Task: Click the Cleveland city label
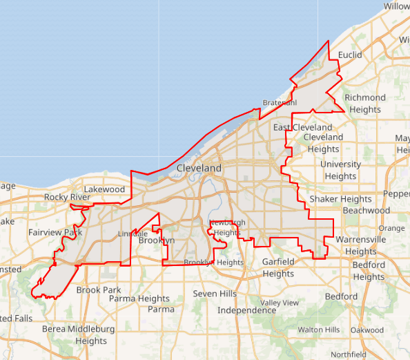[199, 168]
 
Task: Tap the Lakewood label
[104, 189]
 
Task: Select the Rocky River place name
[68, 198]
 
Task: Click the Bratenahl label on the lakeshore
[280, 103]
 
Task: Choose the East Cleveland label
[302, 128]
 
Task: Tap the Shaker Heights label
[340, 199]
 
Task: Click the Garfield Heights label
[278, 268]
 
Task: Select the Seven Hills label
[215, 294]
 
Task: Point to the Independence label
[247, 310]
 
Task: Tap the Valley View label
[280, 303]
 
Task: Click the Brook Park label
[99, 290]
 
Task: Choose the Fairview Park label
[55, 233]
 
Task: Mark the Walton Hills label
[319, 330]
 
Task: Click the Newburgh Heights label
[227, 227]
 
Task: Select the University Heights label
[340, 170]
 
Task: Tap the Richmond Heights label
[365, 104]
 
